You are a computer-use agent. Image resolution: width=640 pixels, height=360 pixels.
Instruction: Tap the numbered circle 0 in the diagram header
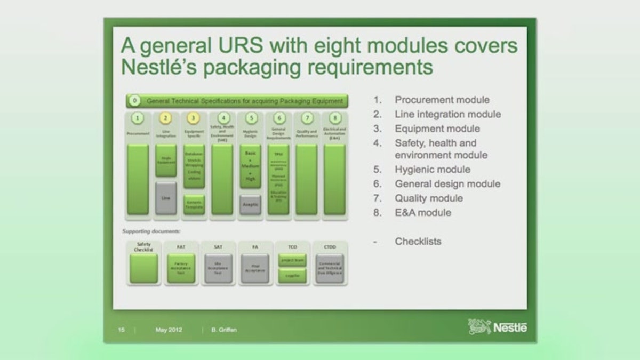coord(135,100)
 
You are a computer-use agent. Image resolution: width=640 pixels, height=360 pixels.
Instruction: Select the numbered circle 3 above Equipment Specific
coord(194,118)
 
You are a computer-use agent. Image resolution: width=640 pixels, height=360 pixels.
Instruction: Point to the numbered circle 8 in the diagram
coord(334,118)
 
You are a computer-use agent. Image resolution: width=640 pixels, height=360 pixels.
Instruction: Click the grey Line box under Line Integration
coord(166,198)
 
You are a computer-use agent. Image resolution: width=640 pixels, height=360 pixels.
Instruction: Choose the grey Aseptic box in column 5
coord(250,204)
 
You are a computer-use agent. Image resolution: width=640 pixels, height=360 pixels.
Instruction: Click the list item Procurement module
coord(442,100)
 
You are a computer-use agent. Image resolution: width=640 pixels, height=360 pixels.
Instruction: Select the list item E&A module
coord(423,212)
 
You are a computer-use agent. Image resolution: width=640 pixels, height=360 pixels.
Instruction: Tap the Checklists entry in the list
coord(418,241)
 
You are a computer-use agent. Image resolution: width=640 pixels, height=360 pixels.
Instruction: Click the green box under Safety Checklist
coord(144,268)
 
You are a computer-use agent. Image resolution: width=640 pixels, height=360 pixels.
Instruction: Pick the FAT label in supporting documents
coord(181,247)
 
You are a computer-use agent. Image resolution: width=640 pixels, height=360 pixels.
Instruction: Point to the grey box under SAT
coord(219,268)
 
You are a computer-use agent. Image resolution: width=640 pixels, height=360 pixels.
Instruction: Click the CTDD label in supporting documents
coord(330,247)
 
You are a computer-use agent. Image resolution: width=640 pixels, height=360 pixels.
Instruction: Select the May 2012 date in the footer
coord(169,330)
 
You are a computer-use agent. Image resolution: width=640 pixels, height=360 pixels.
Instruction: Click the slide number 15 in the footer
coord(121,330)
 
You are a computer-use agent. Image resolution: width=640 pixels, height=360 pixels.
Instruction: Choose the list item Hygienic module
coord(433,170)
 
